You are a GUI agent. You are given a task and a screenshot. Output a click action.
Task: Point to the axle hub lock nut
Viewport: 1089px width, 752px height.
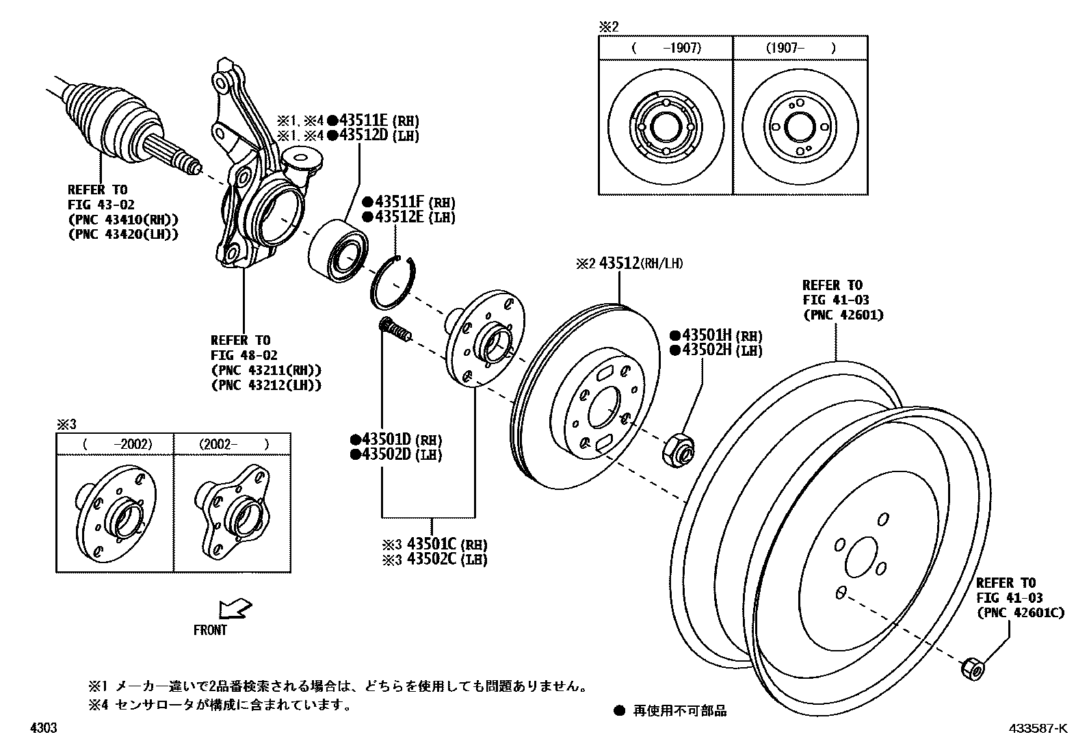coord(679,448)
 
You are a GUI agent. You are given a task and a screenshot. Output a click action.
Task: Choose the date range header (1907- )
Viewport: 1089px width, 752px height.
coord(800,48)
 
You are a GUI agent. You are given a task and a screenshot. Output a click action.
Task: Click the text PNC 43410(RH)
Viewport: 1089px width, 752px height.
coord(123,220)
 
